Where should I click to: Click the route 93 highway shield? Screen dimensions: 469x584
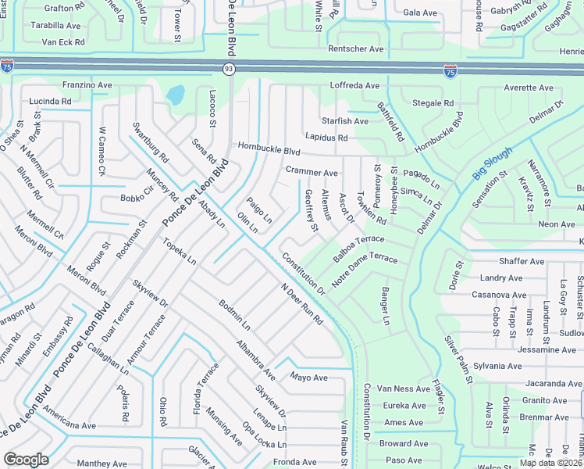click(x=229, y=70)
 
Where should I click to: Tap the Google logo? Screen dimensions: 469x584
click(x=26, y=460)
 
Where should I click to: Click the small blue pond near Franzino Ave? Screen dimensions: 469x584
click(x=175, y=95)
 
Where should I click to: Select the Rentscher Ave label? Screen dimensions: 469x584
click(x=356, y=48)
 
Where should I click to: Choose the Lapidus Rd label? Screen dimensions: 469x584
click(x=326, y=137)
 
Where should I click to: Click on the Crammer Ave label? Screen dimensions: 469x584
click(x=312, y=172)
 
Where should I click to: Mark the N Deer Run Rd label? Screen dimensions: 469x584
click(x=302, y=305)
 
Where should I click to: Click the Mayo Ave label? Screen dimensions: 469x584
click(x=308, y=378)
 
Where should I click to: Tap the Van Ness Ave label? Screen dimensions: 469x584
click(x=404, y=388)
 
